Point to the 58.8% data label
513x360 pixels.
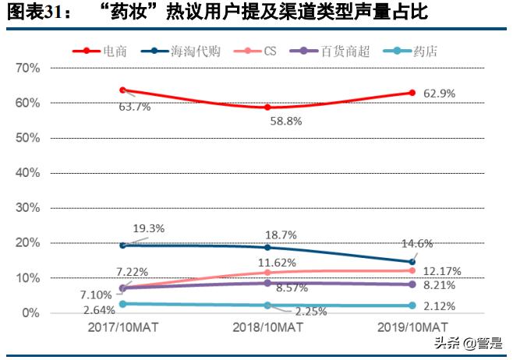tap(285, 122)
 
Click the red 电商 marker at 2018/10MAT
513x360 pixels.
tap(267, 107)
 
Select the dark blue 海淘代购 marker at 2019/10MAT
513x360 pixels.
tap(412, 262)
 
